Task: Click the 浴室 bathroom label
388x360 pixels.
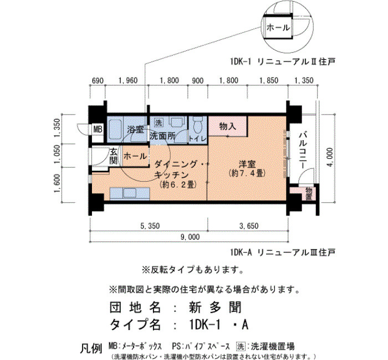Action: (x=135, y=129)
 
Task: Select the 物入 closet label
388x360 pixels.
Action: (x=228, y=127)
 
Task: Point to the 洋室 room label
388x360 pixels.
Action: (x=247, y=164)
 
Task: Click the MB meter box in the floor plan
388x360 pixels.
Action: (x=98, y=129)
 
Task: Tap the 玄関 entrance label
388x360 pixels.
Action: (x=114, y=156)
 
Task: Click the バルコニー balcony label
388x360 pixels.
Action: (x=303, y=151)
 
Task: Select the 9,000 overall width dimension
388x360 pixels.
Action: (x=190, y=237)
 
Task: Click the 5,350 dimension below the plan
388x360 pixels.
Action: (x=150, y=226)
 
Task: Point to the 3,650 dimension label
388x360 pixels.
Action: (x=249, y=226)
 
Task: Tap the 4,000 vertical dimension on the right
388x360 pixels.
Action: (x=329, y=157)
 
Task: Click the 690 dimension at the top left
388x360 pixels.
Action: (x=98, y=81)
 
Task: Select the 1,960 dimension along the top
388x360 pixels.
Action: (x=127, y=81)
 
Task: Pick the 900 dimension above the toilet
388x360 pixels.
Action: (x=198, y=81)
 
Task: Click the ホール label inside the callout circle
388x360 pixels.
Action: (x=278, y=28)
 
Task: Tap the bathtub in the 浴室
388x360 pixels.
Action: (x=115, y=129)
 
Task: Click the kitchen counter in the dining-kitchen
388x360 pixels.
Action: (x=130, y=193)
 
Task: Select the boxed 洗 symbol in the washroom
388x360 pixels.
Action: (x=159, y=122)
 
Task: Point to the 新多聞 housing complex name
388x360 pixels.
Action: (x=215, y=307)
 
